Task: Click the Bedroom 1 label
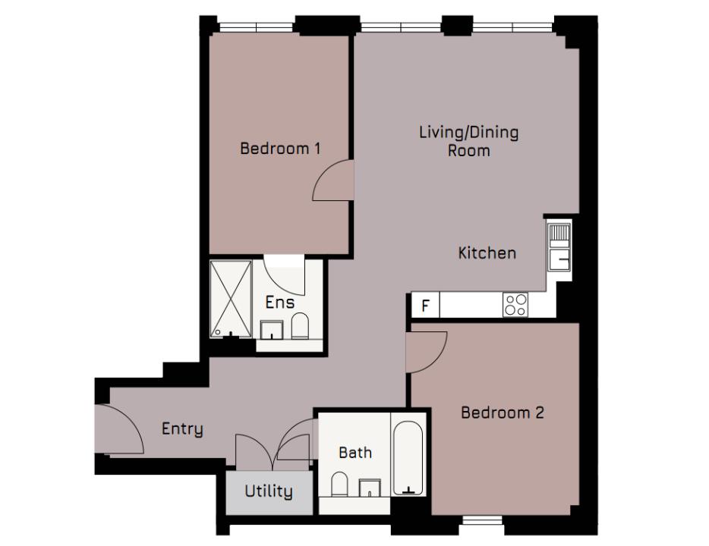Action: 279,148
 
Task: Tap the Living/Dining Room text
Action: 468,141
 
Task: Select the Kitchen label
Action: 487,253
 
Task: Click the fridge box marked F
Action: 426,306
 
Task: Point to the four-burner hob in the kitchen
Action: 516,305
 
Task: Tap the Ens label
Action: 279,302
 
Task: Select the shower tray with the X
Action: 231,299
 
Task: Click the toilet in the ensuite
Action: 301,326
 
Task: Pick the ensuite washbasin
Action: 272,331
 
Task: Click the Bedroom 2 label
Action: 503,413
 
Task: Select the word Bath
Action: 355,453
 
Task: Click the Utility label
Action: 268,491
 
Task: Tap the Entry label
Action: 182,429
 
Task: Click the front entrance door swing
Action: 119,430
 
